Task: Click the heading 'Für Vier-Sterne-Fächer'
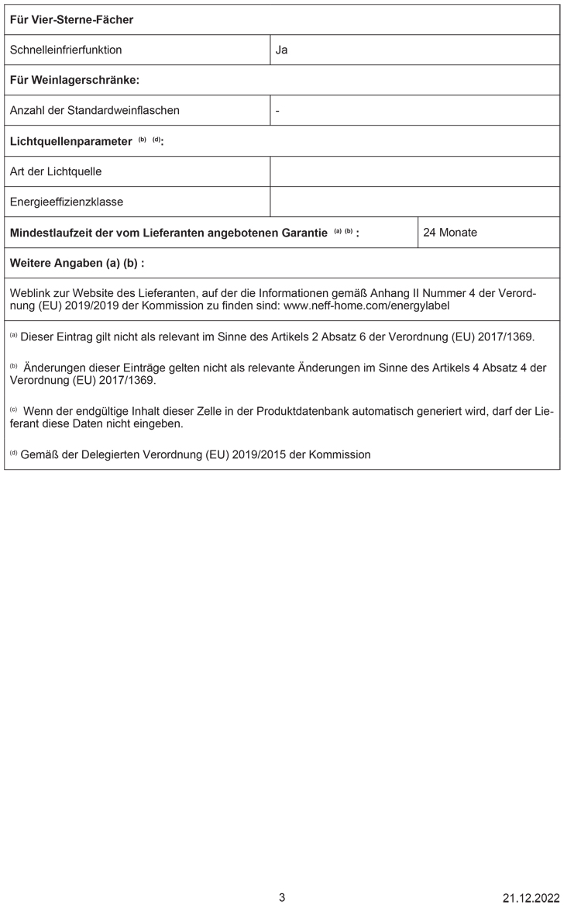coord(71,19)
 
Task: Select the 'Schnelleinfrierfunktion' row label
coord(66,50)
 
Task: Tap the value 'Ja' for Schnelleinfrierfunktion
coord(281,50)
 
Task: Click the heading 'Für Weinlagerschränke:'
coord(74,80)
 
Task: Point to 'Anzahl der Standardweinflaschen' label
coord(95,110)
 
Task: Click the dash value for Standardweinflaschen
coord(277,110)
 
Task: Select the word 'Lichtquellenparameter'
coord(70,141)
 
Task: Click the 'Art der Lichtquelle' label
coord(56,171)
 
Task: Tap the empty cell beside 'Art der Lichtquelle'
coord(414,171)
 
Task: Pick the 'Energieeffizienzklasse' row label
coord(67,202)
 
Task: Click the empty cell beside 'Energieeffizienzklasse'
coord(414,202)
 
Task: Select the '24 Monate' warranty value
coord(450,232)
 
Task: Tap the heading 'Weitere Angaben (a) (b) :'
coord(77,263)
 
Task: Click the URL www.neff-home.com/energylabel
coord(367,306)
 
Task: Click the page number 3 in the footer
coord(282,897)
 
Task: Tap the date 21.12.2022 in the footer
coord(531,898)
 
